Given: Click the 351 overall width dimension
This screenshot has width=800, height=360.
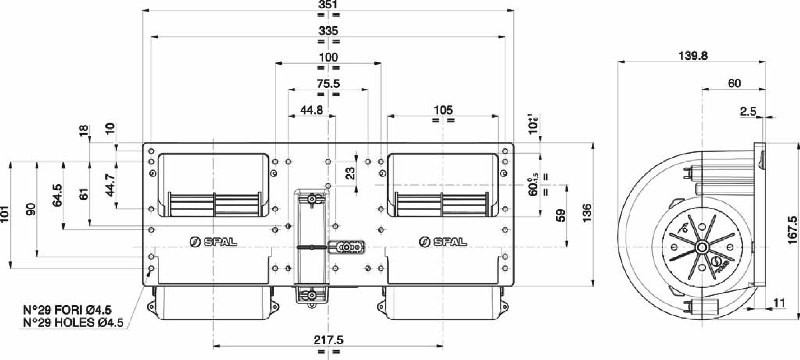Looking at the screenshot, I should click(328, 5).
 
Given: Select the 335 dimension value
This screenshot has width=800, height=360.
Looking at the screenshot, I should click(328, 31).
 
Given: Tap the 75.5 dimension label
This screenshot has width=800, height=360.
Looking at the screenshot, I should click(328, 84).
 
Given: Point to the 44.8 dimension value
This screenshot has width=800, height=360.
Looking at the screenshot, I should click(312, 110).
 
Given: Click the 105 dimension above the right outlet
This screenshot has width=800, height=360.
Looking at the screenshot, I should click(443, 110).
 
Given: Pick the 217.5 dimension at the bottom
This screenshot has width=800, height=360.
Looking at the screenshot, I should click(328, 340).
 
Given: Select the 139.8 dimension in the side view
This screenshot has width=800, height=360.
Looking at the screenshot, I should click(693, 56).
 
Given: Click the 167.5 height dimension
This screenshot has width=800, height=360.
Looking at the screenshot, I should click(793, 230).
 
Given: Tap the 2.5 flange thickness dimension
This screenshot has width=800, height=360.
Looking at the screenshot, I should click(748, 112).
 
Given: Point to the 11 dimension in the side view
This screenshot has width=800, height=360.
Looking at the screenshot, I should click(779, 303).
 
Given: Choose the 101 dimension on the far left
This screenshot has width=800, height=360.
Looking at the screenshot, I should click(5, 214).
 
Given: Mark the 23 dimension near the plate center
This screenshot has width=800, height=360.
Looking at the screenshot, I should click(349, 173).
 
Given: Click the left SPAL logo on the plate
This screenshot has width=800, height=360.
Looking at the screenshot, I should click(213, 242).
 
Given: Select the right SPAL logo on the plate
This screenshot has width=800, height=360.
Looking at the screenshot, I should click(443, 242).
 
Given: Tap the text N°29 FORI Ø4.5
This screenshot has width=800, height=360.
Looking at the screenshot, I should click(67, 310).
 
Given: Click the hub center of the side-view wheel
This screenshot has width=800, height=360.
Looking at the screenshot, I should click(702, 247).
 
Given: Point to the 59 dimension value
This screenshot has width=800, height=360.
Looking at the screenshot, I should click(560, 216).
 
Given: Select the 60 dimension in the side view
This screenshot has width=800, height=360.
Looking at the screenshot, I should click(734, 84).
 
